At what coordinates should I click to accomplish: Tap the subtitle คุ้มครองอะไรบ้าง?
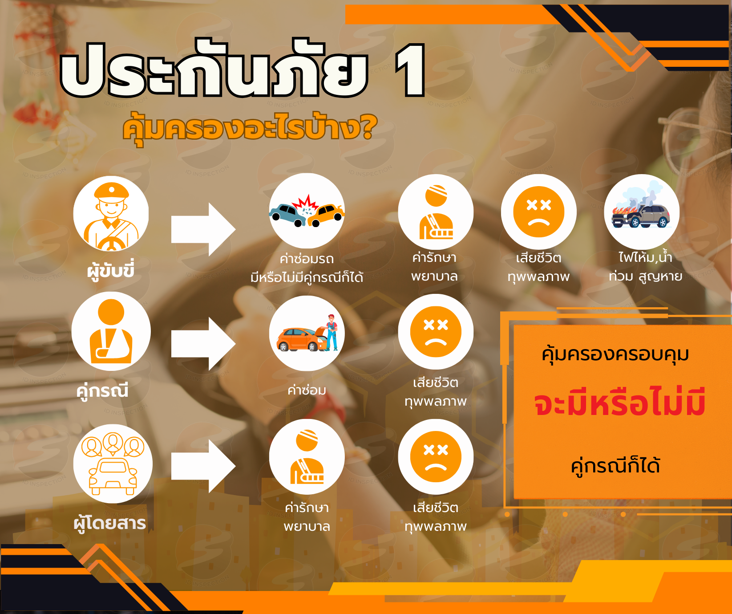250,128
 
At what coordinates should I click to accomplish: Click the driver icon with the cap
111,214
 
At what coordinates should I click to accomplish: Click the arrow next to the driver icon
203,229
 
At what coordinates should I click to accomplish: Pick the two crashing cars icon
307,211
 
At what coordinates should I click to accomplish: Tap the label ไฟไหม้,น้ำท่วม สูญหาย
645,267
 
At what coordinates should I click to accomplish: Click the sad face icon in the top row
539,212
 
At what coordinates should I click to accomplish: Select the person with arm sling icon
111,331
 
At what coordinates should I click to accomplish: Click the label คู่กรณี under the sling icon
102,390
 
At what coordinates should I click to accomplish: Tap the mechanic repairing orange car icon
307,333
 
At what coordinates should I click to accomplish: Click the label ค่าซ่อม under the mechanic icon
307,390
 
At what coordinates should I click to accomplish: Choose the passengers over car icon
113,464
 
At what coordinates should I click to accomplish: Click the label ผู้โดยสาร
110,522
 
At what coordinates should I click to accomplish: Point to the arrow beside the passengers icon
203,466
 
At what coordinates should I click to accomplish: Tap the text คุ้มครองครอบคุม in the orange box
615,355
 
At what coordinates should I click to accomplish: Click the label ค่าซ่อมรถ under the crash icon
307,259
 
